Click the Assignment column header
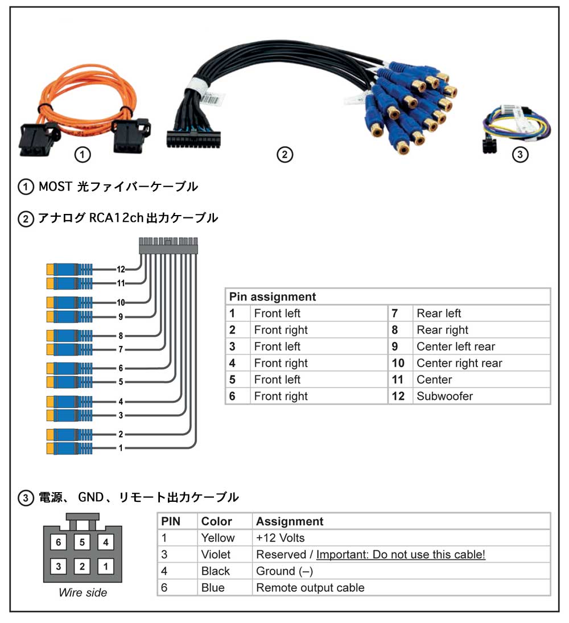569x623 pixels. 290,521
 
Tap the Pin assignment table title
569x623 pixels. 273,297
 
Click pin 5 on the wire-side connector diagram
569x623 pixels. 83,542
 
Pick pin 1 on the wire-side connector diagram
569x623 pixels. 106,566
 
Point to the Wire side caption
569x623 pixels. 83,592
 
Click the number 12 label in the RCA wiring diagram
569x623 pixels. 121,269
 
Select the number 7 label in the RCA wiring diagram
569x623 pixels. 121,349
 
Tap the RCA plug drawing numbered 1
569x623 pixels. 69,448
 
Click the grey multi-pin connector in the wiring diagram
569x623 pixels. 168,246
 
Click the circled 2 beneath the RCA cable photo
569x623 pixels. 284,154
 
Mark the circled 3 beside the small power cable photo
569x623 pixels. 519,154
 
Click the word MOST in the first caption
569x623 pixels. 55,187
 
